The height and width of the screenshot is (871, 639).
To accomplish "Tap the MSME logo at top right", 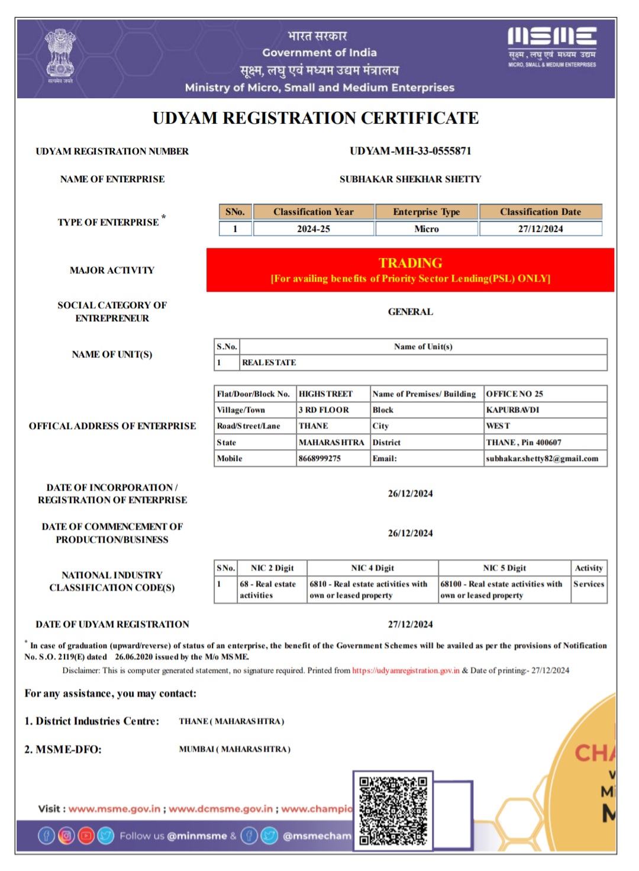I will pos(552,46).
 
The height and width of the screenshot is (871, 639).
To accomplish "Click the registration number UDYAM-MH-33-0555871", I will pos(410,151).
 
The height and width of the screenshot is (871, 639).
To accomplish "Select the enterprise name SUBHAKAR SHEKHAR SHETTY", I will pos(410,179).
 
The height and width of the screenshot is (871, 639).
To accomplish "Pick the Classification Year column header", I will pos(313,212).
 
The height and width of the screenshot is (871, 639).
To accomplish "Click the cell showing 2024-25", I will pos(313,229).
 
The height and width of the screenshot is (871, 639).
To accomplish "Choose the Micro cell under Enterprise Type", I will pos(427,229).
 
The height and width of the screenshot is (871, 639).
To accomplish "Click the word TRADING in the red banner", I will pos(410,263).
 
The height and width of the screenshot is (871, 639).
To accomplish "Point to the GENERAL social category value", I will pos(410,312).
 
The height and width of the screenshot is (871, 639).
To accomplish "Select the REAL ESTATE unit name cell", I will pos(269,363).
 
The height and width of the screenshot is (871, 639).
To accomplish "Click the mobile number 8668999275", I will pos(319,459).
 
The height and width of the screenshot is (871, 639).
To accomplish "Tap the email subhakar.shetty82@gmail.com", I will pos(542,459).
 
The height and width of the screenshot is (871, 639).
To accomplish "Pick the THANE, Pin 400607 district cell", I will pos(524,443).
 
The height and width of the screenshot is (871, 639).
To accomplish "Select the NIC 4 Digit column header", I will pos(372,568).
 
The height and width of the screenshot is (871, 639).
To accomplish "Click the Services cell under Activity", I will pos(589,584).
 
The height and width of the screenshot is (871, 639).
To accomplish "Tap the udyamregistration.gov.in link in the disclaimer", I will pos(405,670).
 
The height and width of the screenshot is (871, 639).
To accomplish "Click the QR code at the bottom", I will pos(393,810).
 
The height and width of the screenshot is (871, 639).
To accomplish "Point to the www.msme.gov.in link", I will pos(114,809).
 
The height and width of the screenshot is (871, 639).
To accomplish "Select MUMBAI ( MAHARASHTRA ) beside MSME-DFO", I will pos(234,749).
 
